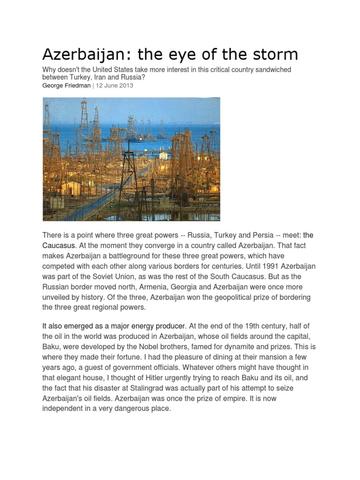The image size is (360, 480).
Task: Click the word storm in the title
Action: [275, 54]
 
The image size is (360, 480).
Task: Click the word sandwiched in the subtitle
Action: [270, 70]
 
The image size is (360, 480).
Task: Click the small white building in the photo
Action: [163, 155]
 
